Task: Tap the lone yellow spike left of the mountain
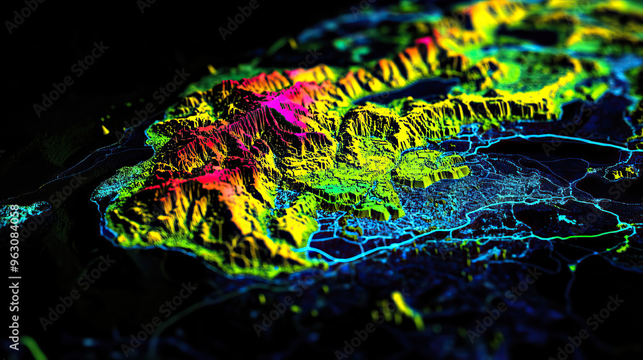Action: coord(105,130)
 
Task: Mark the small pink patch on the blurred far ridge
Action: coord(425,42)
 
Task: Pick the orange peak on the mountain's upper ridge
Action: coord(264,82)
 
